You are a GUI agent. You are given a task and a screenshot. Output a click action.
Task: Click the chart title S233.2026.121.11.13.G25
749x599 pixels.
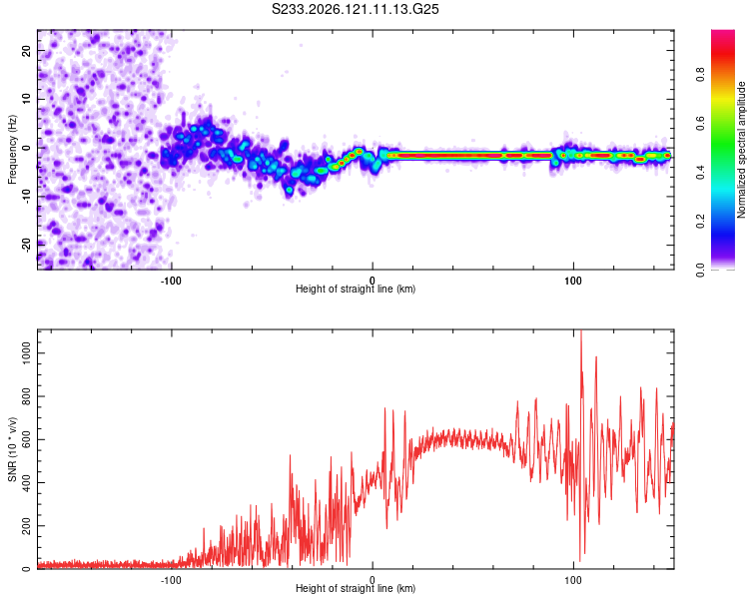[x=355, y=9]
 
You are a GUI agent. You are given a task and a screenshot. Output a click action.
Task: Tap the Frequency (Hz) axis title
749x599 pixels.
[x=12, y=150]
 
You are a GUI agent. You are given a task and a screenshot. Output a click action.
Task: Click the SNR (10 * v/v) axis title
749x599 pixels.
[x=12, y=449]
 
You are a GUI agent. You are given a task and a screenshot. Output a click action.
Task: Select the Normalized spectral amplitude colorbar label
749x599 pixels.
[x=741, y=150]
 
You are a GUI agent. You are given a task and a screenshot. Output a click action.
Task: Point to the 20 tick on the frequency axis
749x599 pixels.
[x=26, y=50]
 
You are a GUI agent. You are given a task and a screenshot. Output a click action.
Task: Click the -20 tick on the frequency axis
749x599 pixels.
[x=26, y=245]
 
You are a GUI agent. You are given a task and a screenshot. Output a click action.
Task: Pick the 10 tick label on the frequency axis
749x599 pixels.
[x=26, y=99]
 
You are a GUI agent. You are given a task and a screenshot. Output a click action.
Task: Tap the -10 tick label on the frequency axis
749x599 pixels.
[x=26, y=197]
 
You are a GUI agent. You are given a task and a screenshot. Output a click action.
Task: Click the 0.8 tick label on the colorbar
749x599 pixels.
[x=700, y=75]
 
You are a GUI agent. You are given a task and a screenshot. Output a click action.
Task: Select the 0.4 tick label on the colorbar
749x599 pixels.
[x=700, y=173]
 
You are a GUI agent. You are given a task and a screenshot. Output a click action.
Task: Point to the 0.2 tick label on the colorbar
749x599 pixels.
[x=700, y=222]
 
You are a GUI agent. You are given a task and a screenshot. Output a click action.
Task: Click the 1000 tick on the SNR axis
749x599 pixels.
[x=26, y=353]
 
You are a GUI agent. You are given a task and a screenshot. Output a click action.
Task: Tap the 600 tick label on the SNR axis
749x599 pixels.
[x=26, y=439]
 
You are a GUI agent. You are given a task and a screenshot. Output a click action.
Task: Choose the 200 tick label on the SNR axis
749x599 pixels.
[x=26, y=526]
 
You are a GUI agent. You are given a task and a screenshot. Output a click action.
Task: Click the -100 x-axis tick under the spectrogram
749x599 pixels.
[x=171, y=281]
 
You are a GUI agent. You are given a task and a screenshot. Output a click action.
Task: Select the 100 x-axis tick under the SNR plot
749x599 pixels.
[x=573, y=580]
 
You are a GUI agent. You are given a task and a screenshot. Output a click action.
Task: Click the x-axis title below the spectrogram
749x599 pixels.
[x=356, y=289]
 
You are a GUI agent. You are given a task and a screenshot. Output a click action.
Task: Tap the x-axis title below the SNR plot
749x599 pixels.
[x=356, y=588]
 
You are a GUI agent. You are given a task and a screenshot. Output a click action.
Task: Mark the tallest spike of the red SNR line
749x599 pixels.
[x=581, y=330]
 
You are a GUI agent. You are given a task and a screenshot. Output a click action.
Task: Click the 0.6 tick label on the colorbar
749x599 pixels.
[x=700, y=123]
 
